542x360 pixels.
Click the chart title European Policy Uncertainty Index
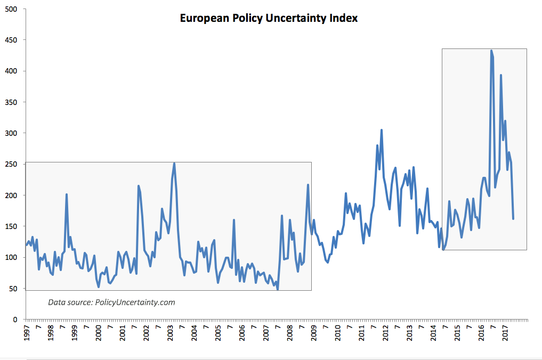point(269,18)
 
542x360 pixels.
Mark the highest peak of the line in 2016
point(491,51)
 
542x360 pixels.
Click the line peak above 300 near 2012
point(382,130)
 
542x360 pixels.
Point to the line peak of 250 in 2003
point(174,163)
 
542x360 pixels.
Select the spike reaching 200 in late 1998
point(66,194)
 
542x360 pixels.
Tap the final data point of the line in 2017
point(513,218)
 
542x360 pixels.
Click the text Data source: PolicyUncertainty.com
point(111,302)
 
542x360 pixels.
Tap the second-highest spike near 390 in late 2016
point(500,75)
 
